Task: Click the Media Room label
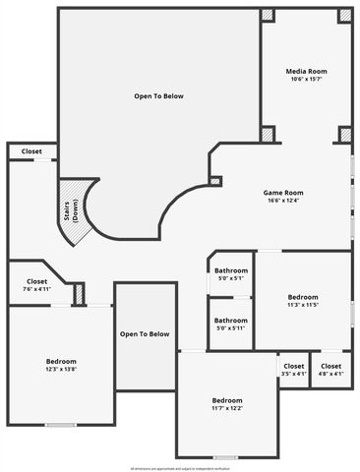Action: [306, 72]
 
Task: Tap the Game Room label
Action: [282, 192]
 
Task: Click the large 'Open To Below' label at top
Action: [158, 96]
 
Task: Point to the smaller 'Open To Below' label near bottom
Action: [145, 334]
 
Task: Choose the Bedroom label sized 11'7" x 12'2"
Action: [227, 400]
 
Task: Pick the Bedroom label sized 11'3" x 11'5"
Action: [303, 296]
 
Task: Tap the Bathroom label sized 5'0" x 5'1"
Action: [231, 269]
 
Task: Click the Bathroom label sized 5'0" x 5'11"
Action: [231, 320]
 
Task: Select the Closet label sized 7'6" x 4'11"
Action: [36, 281]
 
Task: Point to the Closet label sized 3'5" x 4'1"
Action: [294, 366]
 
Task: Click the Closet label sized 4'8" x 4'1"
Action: [331, 366]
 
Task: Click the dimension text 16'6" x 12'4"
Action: [282, 201]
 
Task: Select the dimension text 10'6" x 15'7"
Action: [306, 80]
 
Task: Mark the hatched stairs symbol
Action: [74, 208]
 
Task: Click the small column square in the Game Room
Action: [215, 181]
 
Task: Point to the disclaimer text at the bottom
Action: [180, 467]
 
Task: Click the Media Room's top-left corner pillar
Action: [268, 16]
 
